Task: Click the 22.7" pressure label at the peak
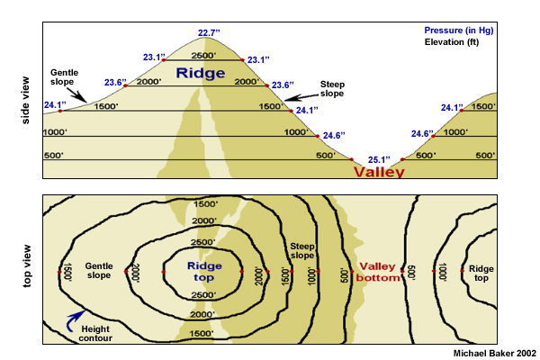pyautogui.click(x=209, y=33)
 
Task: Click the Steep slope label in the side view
pyautogui.click(x=332, y=87)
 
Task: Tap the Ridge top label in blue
pyautogui.click(x=203, y=271)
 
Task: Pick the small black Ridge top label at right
pyautogui.click(x=481, y=269)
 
